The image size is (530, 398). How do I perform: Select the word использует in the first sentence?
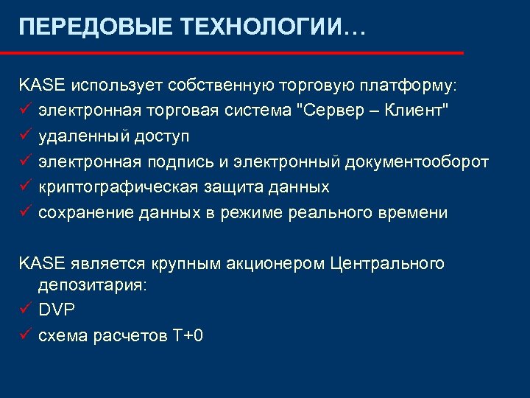tap(117, 85)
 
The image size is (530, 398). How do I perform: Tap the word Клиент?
tap(419, 111)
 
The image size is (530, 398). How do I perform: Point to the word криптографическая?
tap(118, 187)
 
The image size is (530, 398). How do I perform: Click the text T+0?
tap(188, 336)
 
